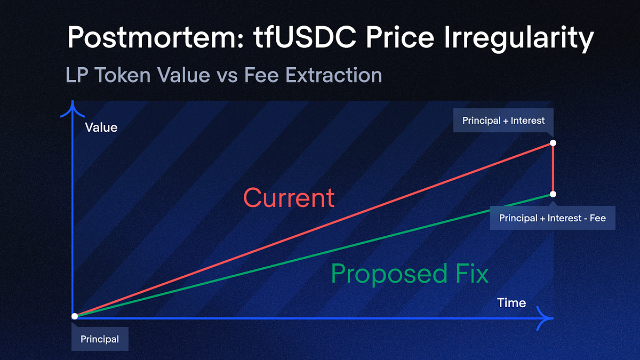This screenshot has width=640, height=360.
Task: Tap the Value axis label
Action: tap(101, 127)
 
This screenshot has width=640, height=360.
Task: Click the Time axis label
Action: tap(511, 303)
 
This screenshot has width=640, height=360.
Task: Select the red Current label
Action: tap(289, 198)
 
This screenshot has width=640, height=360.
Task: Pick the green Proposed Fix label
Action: tap(410, 274)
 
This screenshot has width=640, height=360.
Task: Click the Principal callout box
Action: tap(100, 339)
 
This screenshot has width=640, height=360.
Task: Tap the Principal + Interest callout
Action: tap(503, 121)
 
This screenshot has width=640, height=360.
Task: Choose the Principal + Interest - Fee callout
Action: tap(552, 218)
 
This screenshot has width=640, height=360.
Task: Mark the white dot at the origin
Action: tap(75, 316)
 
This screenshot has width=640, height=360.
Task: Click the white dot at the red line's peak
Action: tap(553, 143)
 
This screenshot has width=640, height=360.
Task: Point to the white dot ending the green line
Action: tap(553, 194)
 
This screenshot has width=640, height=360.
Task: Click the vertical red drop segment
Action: tap(553, 169)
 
